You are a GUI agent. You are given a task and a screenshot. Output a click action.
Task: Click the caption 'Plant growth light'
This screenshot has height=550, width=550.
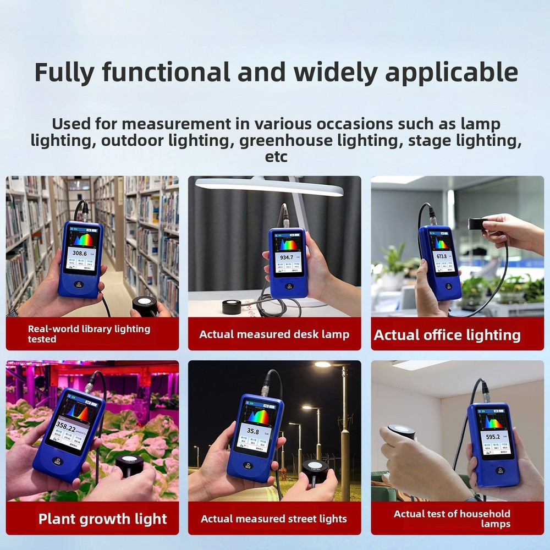(x=102, y=519)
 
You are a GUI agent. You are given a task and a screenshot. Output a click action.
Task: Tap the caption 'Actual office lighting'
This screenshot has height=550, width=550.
(x=447, y=335)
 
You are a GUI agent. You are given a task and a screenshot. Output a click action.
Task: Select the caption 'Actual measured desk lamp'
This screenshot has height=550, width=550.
(x=274, y=334)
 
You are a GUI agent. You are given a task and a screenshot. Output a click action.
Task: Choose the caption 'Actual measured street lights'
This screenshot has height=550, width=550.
(x=274, y=519)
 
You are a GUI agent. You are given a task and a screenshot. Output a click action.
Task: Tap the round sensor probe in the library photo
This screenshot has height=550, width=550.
(x=144, y=304)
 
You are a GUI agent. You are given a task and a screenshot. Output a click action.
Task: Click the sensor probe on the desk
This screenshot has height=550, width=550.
(x=233, y=307)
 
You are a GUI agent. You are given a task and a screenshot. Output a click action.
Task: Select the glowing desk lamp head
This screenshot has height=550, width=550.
(x=269, y=187)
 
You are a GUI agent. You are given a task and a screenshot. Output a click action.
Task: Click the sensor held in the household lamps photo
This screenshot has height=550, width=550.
(x=401, y=432)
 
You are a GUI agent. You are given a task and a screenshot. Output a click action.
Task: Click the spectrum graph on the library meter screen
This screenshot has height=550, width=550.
(x=84, y=239)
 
